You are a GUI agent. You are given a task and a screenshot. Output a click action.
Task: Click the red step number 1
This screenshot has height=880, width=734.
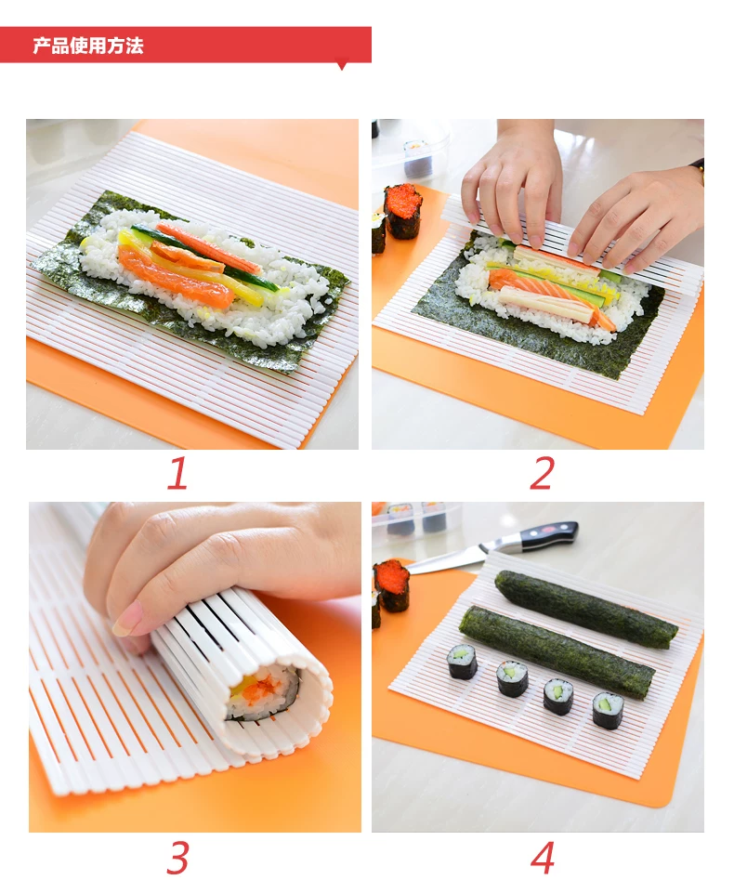tap(177, 473)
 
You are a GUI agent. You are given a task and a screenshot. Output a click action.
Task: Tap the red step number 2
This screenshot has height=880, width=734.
tap(542, 473)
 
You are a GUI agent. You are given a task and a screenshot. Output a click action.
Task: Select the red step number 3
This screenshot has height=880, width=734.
tap(177, 857)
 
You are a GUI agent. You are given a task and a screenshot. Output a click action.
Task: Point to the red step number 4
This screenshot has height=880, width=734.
tap(542, 857)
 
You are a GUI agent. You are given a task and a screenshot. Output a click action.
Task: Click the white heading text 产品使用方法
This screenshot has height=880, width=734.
tap(88, 46)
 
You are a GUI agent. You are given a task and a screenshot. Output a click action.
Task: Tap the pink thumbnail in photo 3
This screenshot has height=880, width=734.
tap(127, 618)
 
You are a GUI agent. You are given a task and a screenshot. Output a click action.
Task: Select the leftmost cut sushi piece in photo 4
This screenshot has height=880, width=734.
tap(463, 662)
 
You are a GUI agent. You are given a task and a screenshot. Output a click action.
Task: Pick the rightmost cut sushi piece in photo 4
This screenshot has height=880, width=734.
tap(609, 711)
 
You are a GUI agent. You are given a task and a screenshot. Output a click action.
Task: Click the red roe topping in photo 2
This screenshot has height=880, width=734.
tap(402, 197)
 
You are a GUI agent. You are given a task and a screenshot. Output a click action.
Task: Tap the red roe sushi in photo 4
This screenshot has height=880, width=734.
tap(391, 584)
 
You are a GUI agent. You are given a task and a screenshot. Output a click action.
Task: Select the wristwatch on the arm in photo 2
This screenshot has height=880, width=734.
tap(698, 165)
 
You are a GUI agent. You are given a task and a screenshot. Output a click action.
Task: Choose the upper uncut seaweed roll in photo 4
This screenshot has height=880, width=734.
tap(586, 610)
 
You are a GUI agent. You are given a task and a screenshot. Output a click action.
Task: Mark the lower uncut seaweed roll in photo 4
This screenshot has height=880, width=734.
tap(557, 652)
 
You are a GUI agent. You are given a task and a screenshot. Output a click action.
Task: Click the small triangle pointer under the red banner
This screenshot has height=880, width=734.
tap(341, 66)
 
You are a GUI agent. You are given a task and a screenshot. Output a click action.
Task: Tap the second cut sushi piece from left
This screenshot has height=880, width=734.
tap(512, 678)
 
